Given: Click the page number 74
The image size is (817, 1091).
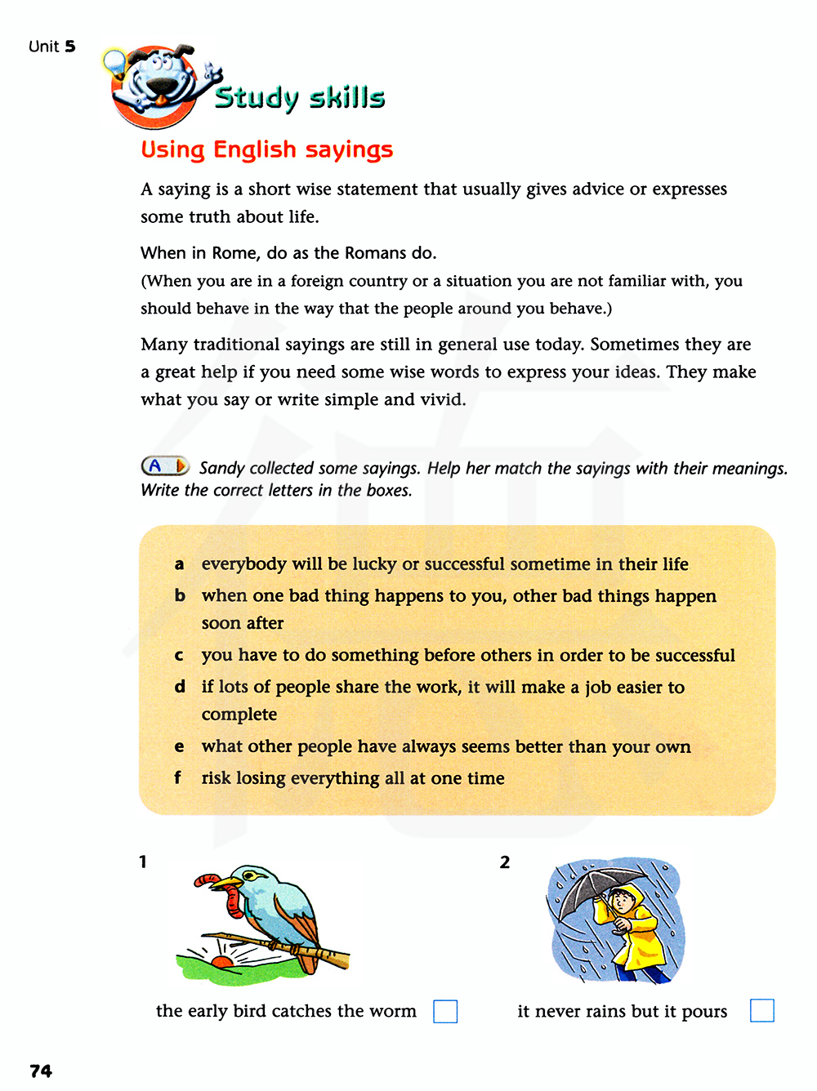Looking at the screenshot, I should point(41,1071).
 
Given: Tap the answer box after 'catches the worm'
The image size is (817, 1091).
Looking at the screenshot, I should point(445,1011).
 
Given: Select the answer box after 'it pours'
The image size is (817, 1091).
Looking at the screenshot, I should point(761,1010).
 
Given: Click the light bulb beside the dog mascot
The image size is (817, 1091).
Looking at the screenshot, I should point(114,61).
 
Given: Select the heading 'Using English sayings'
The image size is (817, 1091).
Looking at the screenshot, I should point(267,149).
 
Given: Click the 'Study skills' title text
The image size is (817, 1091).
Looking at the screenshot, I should point(300,97).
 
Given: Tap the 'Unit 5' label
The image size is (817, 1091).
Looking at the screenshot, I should point(51,47).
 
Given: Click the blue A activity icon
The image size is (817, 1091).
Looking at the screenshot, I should point(163,466).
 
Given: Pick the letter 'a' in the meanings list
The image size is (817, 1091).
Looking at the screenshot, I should point(179,564).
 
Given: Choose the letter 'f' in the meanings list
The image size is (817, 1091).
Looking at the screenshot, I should point(177,777).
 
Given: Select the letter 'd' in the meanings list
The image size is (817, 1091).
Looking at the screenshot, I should point(180,687).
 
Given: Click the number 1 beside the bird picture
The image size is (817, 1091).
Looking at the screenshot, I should point(143,862).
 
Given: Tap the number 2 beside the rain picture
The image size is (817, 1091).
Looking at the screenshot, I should point(505,862).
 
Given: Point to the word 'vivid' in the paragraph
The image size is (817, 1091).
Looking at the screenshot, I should point(442,399).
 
